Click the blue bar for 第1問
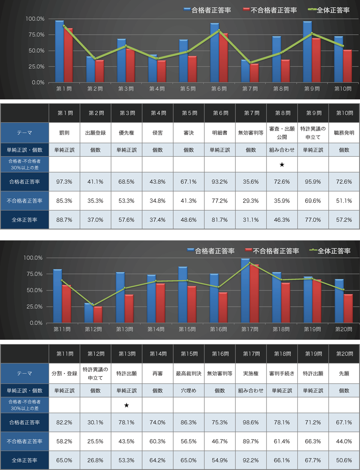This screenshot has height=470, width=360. click(x=59, y=51)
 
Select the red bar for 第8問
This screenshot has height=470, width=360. click(x=285, y=71)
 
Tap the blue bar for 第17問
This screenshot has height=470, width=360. click(x=245, y=291)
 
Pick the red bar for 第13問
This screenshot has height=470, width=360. click(x=129, y=308)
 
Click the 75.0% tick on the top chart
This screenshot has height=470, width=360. click(x=35, y=35)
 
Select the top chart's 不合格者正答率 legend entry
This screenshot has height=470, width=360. click(x=270, y=10)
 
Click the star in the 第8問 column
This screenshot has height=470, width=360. click(x=282, y=165)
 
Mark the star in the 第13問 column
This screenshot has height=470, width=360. click(x=126, y=405)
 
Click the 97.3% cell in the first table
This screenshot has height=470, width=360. click(x=64, y=182)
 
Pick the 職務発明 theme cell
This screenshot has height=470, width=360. click(x=344, y=133)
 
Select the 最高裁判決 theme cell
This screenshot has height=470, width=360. click(x=189, y=373)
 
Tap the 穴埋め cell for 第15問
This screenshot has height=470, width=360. click(x=189, y=391)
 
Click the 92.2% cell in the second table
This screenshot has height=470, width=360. click(x=251, y=460)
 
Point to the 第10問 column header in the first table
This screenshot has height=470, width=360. click(x=344, y=113)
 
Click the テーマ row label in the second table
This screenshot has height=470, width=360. click(x=24, y=373)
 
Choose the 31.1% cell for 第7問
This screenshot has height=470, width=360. click(x=251, y=219)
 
